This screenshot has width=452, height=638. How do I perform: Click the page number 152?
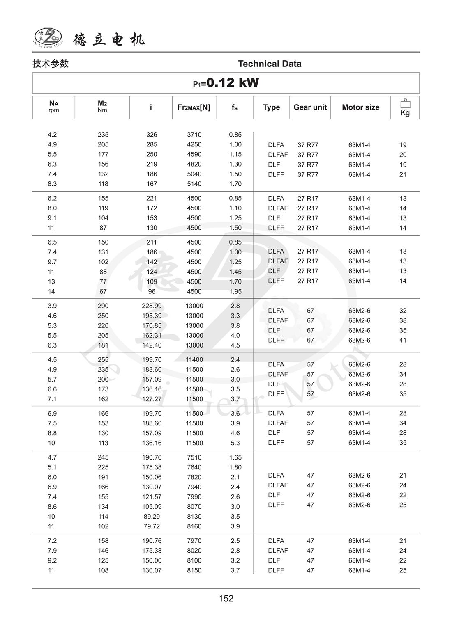(x=226, y=599)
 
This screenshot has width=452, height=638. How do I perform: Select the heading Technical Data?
(x=270, y=64)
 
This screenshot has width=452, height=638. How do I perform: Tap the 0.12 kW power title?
(x=226, y=83)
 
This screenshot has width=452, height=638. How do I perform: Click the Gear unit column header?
(x=310, y=107)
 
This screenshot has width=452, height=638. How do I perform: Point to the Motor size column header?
(x=360, y=107)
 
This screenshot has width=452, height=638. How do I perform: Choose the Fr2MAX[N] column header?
(x=194, y=107)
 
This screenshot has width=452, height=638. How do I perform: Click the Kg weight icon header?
(x=405, y=107)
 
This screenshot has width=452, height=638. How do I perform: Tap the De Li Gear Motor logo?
(x=48, y=38)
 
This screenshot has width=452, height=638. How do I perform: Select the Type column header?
(x=271, y=107)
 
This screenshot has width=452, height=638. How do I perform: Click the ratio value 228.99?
(x=152, y=306)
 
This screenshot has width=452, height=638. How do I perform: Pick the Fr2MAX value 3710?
(x=194, y=135)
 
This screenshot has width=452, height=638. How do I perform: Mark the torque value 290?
(x=103, y=306)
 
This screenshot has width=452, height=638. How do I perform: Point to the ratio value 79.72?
(x=152, y=526)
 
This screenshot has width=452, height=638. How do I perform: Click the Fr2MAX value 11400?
(x=194, y=359)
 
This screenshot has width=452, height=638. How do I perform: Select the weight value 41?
(x=403, y=340)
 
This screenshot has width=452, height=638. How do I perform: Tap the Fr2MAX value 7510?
(x=194, y=457)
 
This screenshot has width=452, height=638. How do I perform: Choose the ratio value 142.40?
(x=152, y=345)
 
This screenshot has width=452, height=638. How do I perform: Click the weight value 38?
(x=403, y=320)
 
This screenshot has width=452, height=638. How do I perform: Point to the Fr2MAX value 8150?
(x=194, y=570)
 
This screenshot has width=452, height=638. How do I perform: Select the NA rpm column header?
(x=53, y=107)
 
